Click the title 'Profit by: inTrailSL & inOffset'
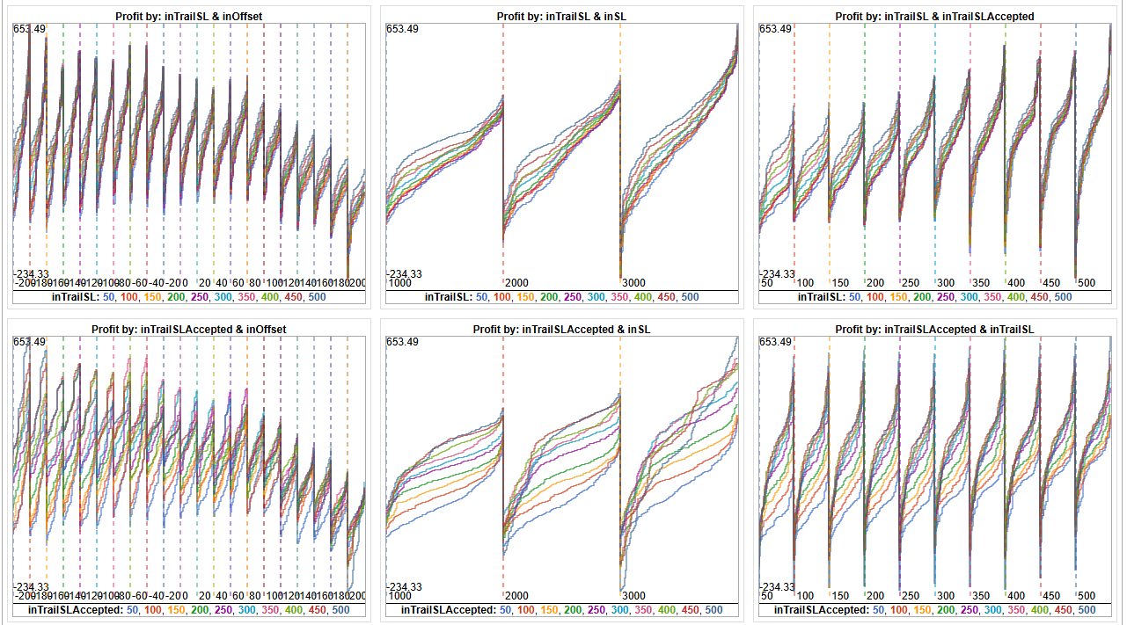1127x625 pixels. (x=189, y=16)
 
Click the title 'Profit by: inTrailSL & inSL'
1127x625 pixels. (x=561, y=16)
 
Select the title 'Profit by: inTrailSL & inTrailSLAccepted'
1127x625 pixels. (x=935, y=16)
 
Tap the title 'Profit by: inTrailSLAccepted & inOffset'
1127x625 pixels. (x=189, y=329)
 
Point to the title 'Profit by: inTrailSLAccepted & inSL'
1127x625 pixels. (x=561, y=329)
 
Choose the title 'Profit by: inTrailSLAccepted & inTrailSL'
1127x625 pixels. (x=935, y=329)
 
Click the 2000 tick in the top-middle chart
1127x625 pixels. (x=516, y=283)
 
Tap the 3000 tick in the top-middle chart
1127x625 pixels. (x=633, y=283)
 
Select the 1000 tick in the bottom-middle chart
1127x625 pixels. (x=399, y=596)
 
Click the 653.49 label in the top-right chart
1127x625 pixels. (x=777, y=29)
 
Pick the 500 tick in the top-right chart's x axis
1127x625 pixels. (x=1087, y=283)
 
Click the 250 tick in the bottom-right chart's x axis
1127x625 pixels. (x=911, y=596)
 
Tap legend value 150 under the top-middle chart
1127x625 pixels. (x=525, y=297)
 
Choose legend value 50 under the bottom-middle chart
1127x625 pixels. (x=507, y=610)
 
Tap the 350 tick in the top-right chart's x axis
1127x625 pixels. (x=982, y=283)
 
